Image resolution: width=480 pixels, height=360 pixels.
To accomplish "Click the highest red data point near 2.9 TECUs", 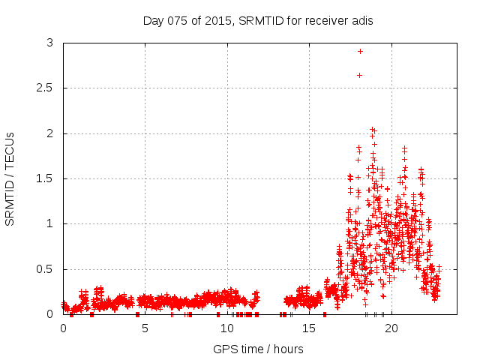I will click(x=360, y=51).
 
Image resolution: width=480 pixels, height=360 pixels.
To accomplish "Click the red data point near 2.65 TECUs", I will click(x=359, y=75).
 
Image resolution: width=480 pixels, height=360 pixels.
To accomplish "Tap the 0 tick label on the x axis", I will click(x=63, y=328).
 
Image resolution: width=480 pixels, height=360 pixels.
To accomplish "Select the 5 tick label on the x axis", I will click(x=145, y=328).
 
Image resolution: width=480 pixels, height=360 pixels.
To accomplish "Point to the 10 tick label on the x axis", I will click(x=227, y=328).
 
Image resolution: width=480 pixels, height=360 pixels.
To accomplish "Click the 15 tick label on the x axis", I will click(x=309, y=328).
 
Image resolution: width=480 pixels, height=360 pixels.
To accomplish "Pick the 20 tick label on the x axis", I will click(x=391, y=328).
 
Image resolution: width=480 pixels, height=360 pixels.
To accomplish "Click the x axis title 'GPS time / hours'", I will click(x=258, y=349).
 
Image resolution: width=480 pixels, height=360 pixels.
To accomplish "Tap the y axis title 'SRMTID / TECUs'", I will click(x=10, y=178).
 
